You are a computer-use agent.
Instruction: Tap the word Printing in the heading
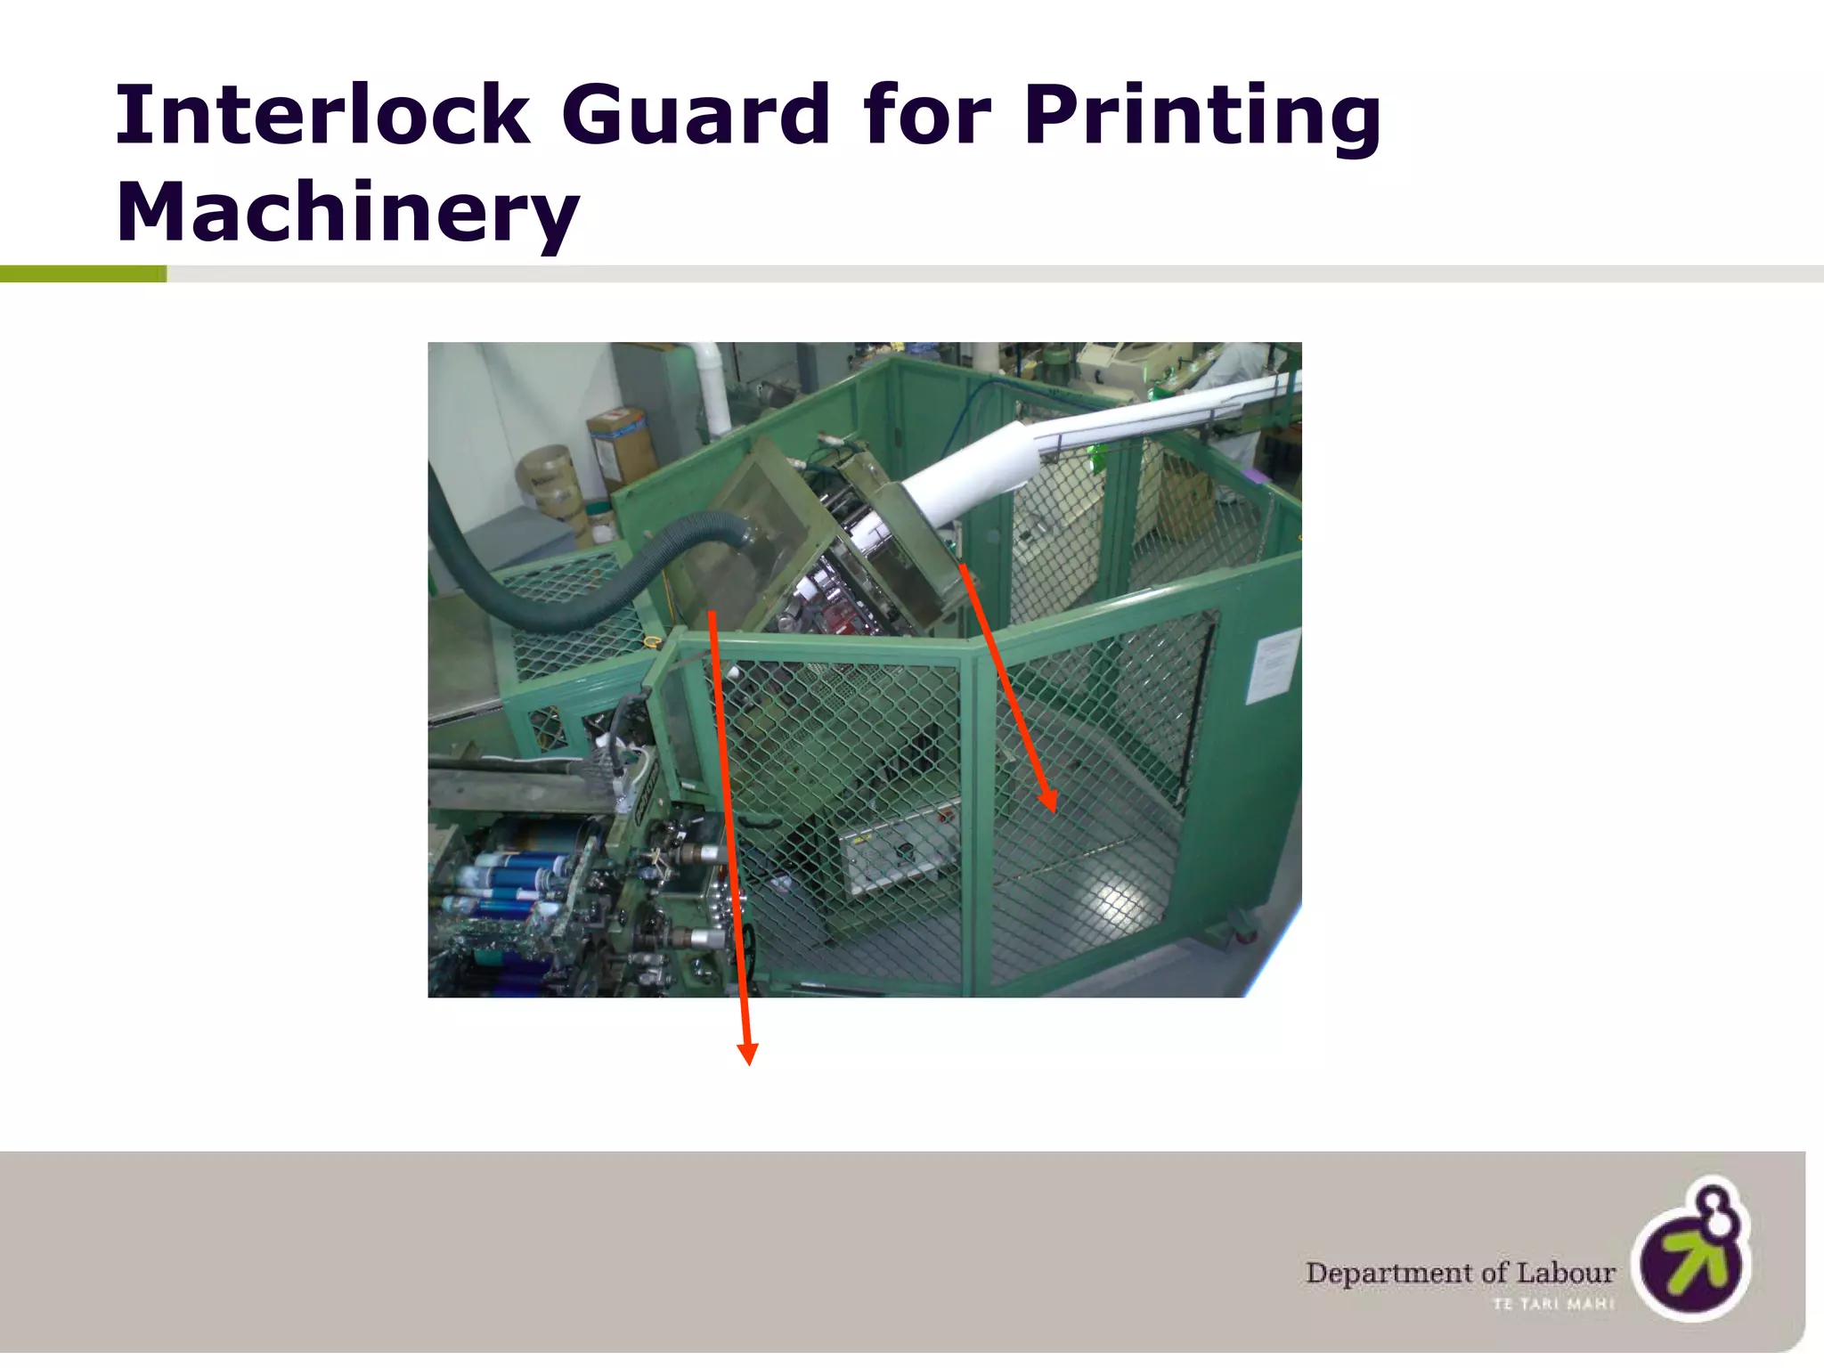[1201, 117]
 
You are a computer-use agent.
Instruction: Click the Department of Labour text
[1460, 1273]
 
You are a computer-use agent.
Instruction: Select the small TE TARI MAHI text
[1553, 1305]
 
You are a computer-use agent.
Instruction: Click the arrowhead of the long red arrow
[748, 1054]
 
